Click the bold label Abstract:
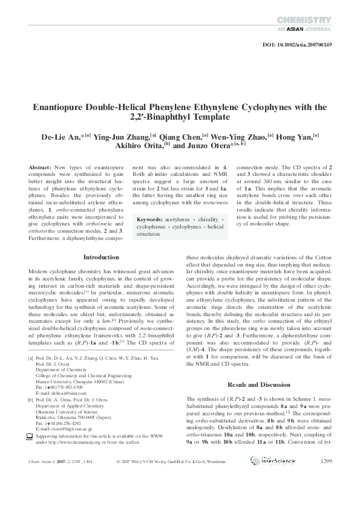pos(40,166)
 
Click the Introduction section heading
pos(100,257)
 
